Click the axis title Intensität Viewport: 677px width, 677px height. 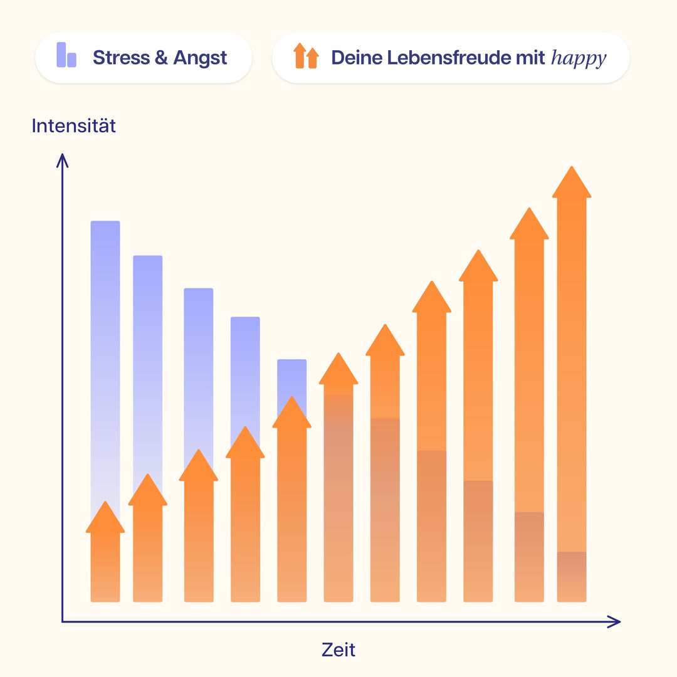tap(73, 126)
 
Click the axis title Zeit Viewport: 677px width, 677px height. tap(338, 649)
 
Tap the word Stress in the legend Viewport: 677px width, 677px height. tap(121, 58)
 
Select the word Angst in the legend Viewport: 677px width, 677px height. tap(200, 58)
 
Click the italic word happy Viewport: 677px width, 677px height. tap(579, 58)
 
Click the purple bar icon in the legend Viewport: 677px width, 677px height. tap(66, 55)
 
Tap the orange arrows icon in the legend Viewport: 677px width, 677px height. tap(306, 56)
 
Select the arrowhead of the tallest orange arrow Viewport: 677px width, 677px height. tap(572, 184)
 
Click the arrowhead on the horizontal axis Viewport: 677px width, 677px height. tap(615, 622)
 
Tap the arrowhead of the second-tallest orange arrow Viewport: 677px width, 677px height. tap(529, 225)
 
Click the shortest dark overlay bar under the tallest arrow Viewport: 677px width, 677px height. tap(572, 575)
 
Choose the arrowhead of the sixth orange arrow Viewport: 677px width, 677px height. tap(338, 370)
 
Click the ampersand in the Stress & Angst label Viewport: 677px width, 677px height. tap(161, 58)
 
